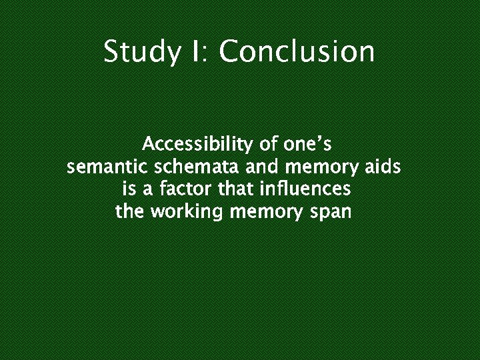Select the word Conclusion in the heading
(297, 51)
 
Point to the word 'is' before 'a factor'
(129, 190)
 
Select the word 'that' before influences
(236, 190)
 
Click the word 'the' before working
(131, 213)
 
